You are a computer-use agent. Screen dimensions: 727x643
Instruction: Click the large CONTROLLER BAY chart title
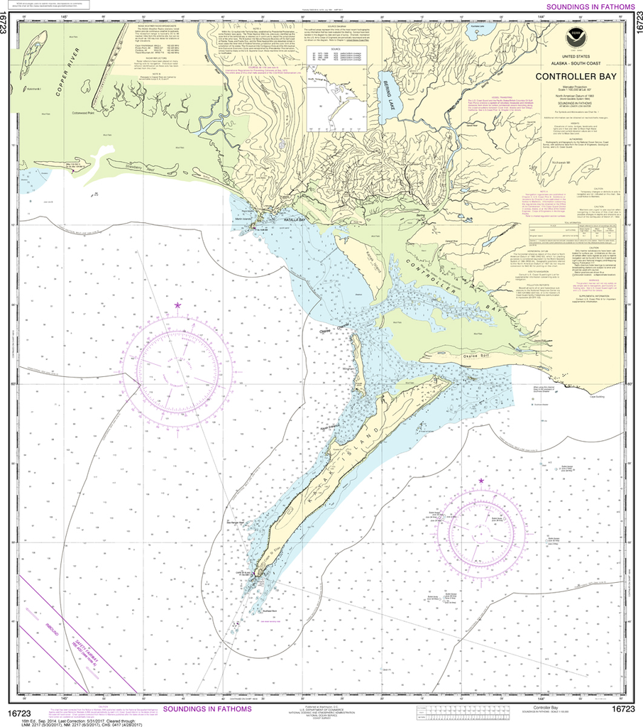(576, 76)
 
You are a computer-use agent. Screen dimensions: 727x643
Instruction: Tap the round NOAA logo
(576, 38)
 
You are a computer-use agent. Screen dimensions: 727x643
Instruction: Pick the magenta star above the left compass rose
(177, 305)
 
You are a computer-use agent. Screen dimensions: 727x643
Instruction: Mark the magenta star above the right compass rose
(481, 481)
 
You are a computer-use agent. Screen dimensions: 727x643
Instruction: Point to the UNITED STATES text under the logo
(576, 58)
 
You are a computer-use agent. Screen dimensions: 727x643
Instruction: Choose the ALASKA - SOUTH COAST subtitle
(576, 65)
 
